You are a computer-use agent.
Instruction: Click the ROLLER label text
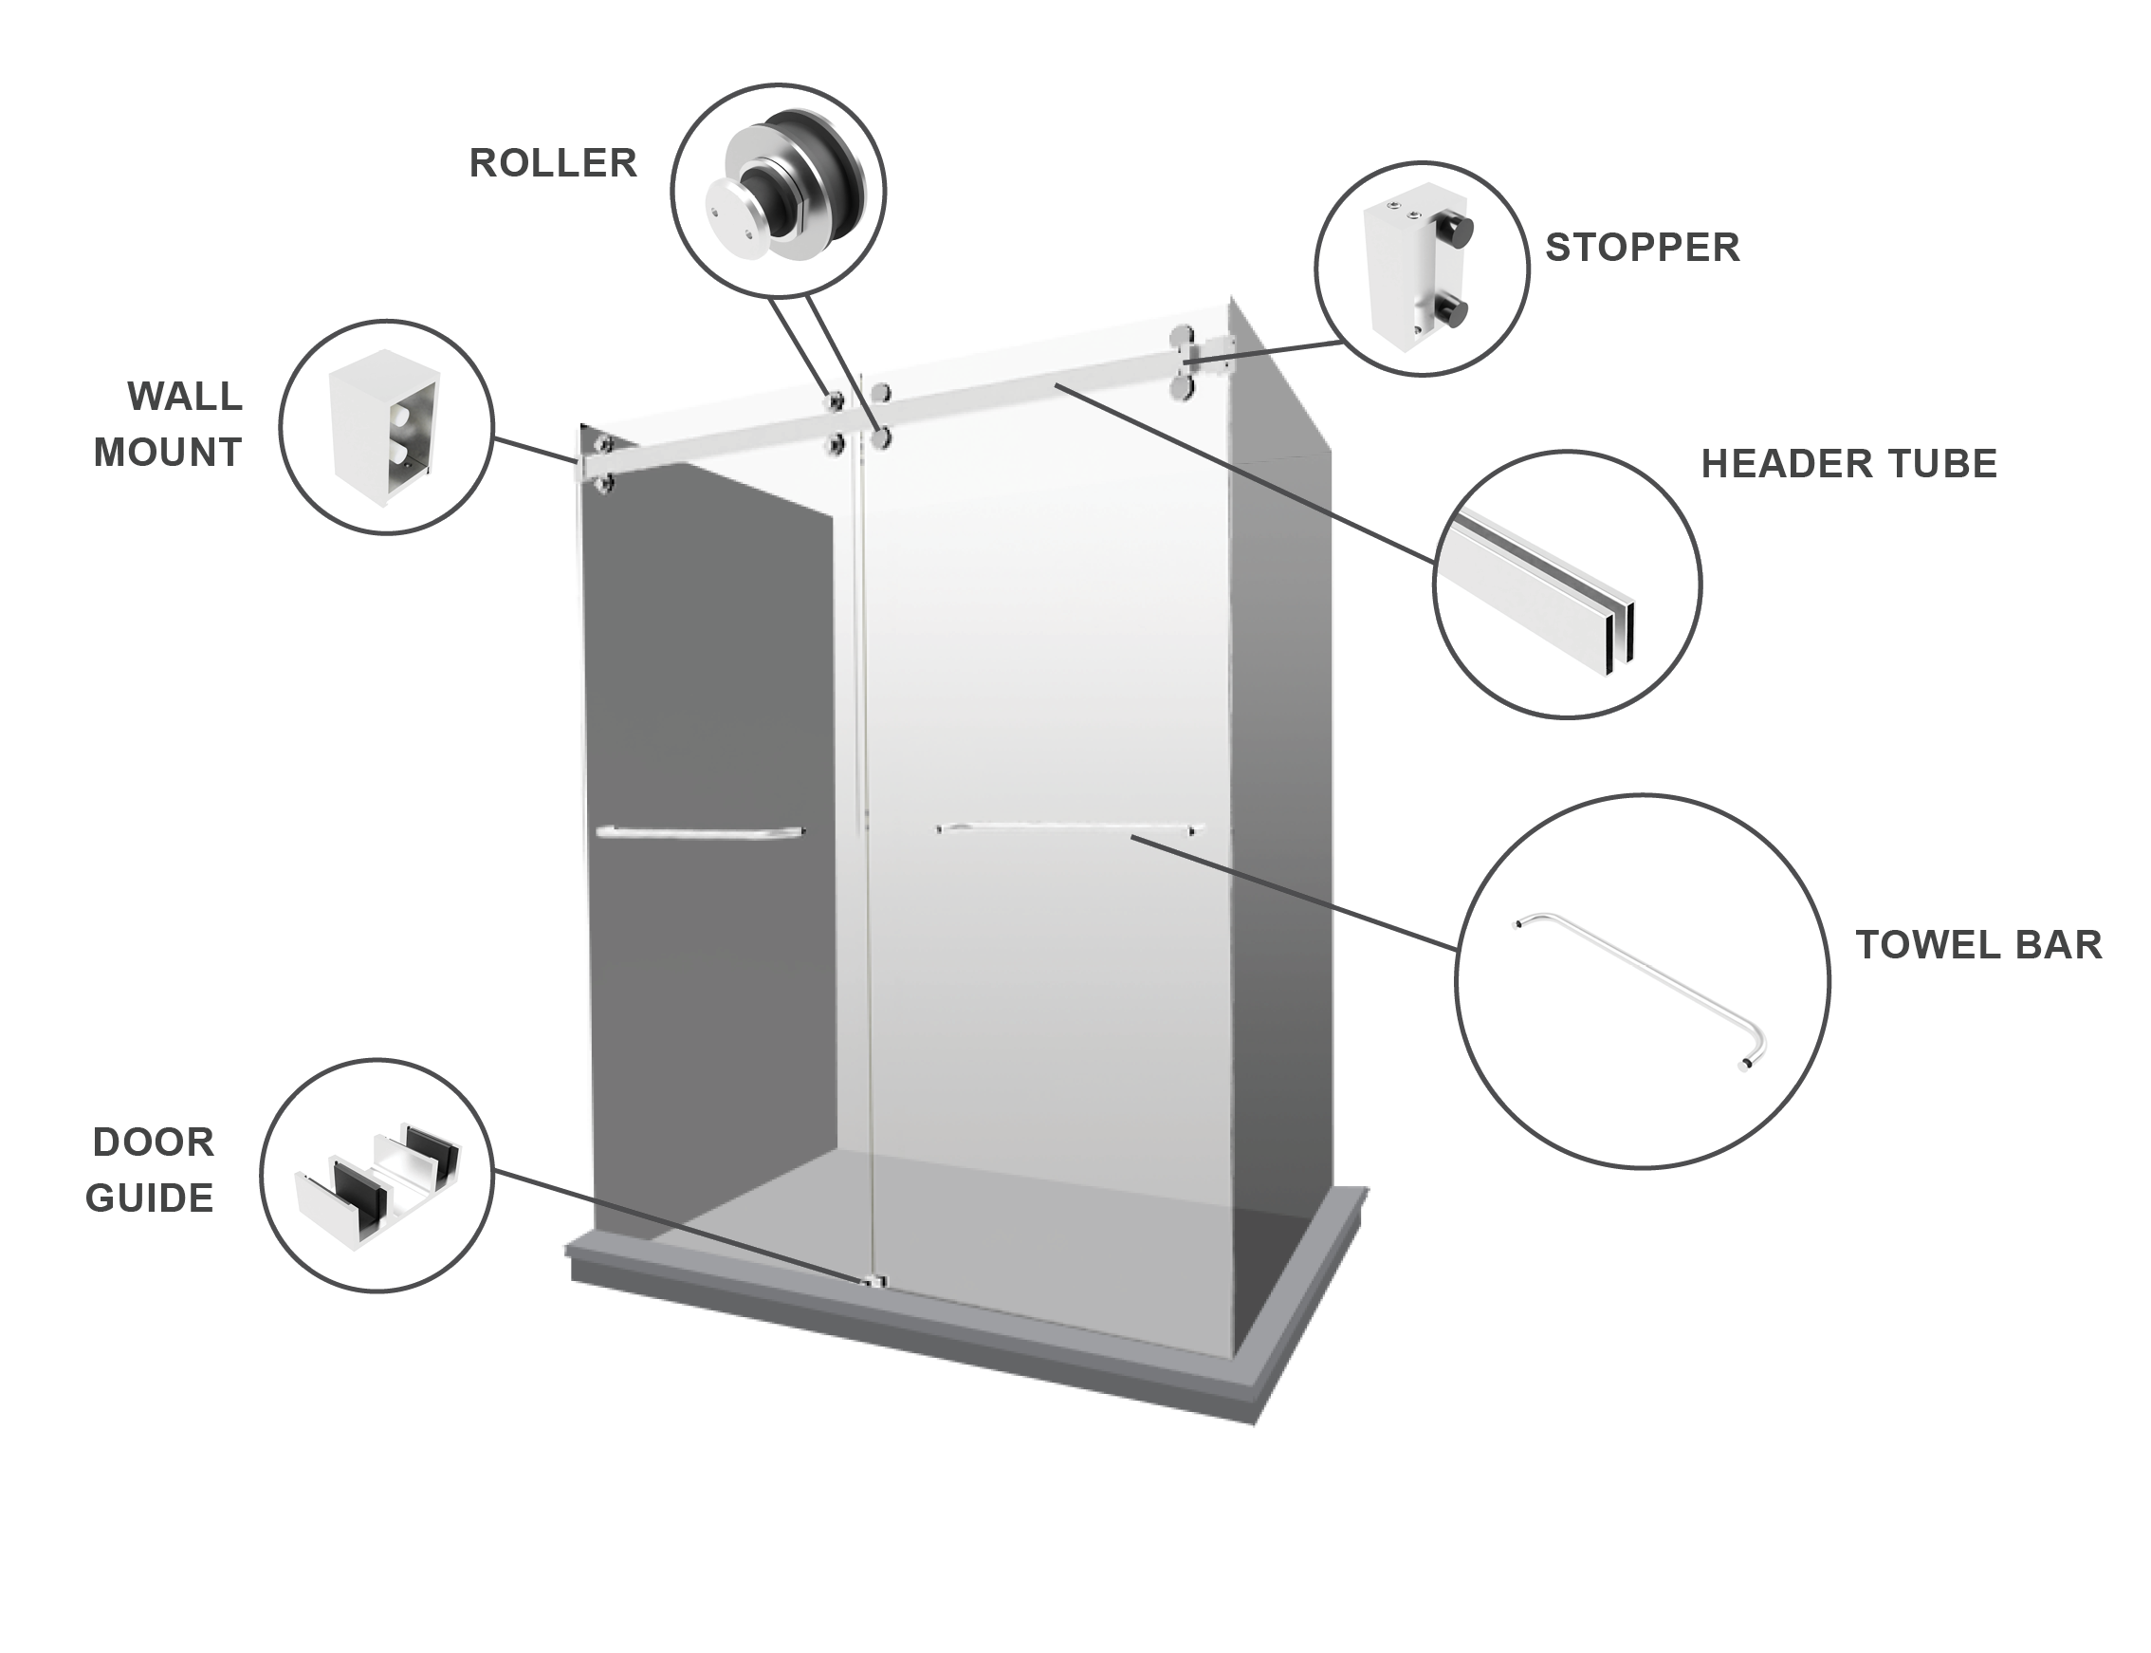(553, 163)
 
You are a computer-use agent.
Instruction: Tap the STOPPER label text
(1643, 248)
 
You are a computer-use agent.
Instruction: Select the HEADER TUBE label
(1849, 464)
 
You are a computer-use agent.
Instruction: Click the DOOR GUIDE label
(151, 1170)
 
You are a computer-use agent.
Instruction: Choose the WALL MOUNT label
(168, 424)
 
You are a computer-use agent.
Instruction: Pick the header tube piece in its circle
(1546, 590)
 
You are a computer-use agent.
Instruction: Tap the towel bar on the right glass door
(1070, 829)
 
